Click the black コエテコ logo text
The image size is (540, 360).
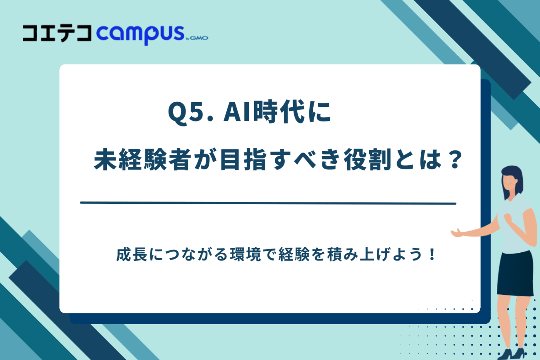point(57,33)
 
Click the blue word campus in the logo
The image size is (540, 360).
point(140,34)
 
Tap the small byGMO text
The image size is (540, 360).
point(197,38)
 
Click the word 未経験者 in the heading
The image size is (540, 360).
point(142,160)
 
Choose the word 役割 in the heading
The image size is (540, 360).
point(368,160)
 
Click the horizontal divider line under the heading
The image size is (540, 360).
point(268,203)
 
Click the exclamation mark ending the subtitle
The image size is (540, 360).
point(432,255)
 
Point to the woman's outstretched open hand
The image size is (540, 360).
point(458,233)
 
